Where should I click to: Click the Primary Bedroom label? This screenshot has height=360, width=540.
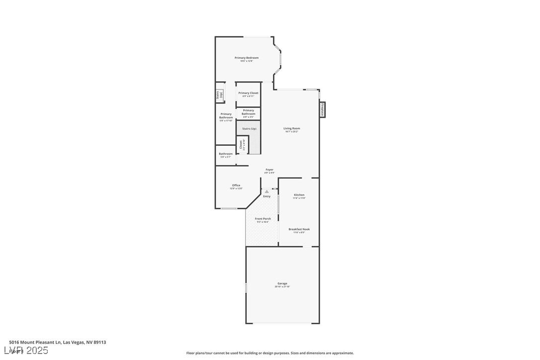[x=247, y=58]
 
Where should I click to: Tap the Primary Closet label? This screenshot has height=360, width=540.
[x=248, y=93]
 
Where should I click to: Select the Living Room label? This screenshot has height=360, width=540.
[x=292, y=128]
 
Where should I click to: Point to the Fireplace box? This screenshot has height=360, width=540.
[x=322, y=109]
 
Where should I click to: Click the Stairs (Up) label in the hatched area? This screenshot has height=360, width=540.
[x=249, y=129]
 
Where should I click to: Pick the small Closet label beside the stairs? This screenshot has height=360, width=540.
[x=241, y=145]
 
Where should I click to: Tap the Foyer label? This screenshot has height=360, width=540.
[x=269, y=170]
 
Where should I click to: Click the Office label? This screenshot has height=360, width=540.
[x=236, y=185]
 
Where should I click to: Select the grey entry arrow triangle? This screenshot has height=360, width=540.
[x=267, y=191]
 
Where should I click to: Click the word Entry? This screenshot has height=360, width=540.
[x=267, y=196]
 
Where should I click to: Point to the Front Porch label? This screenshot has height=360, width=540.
[x=263, y=219]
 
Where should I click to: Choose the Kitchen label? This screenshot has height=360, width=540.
[x=299, y=195]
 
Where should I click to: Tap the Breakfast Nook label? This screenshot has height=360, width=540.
[x=299, y=229]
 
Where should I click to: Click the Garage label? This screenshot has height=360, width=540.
[x=282, y=283]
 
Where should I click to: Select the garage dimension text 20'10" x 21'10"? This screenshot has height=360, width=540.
[x=282, y=287]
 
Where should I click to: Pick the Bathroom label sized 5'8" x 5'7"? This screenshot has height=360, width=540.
[x=226, y=154]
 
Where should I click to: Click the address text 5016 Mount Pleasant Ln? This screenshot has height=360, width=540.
[x=35, y=342]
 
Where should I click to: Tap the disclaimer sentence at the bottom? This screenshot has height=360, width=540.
[x=270, y=353]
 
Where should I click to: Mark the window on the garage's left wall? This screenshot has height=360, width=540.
[x=246, y=287]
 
